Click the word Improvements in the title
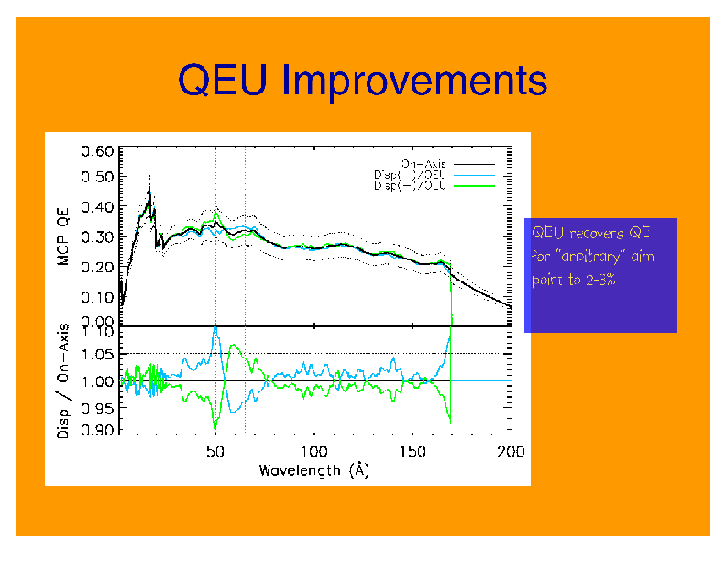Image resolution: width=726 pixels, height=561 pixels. coord(414,82)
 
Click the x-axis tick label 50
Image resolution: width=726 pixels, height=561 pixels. coord(214,452)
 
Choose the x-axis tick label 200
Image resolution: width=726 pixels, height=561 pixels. coord(511,452)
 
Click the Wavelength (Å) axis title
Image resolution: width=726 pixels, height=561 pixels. coord(313,470)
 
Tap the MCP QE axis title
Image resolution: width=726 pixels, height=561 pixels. coord(63,236)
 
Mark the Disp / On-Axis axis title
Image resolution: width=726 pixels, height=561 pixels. coord(63,379)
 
